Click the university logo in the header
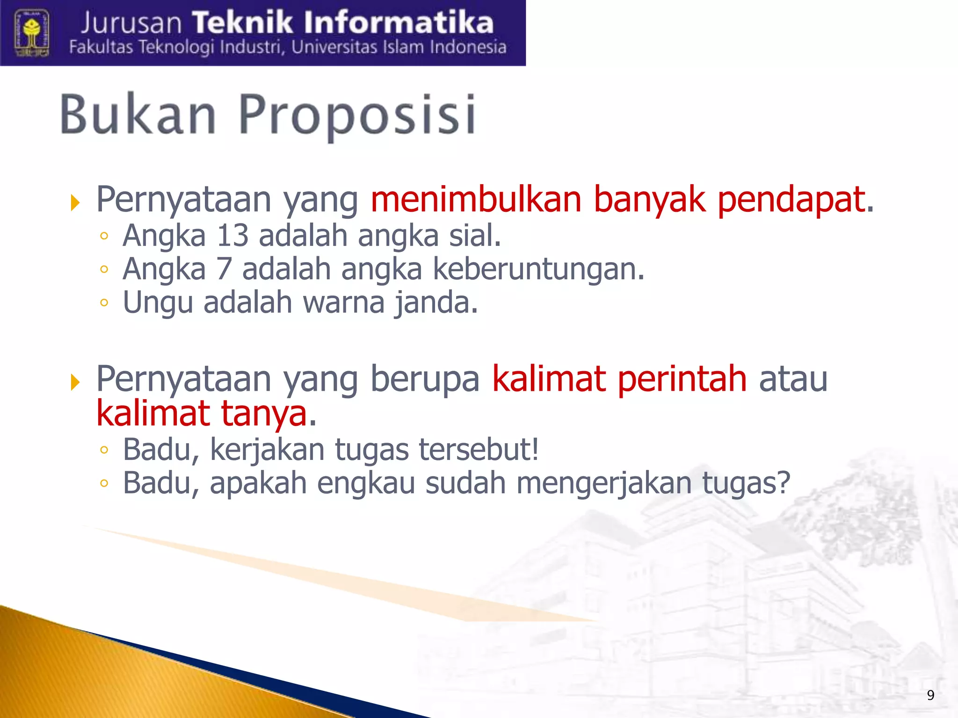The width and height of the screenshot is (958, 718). click(31, 33)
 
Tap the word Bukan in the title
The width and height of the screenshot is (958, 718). click(138, 115)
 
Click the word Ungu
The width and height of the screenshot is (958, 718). click(158, 303)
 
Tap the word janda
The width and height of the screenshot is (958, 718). click(435, 303)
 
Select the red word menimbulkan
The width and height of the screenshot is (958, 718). click(476, 200)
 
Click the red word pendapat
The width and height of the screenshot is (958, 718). click(791, 200)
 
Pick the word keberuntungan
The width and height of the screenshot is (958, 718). click(538, 269)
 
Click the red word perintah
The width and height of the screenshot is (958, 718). click(682, 379)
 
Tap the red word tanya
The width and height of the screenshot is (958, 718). click(263, 413)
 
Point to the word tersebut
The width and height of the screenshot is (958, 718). click(478, 449)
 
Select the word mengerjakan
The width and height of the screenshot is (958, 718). click(604, 483)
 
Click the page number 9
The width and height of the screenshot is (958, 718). click(930, 695)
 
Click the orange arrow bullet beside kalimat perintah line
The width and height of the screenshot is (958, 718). click(75, 382)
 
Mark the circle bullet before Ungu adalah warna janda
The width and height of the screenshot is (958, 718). click(104, 303)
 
